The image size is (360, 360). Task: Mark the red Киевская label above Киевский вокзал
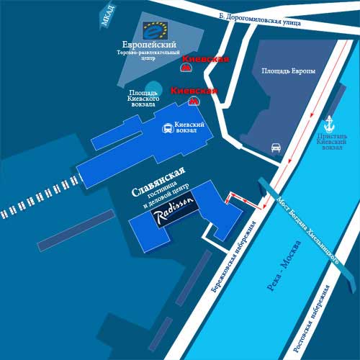pyautogui.click(x=194, y=91)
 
